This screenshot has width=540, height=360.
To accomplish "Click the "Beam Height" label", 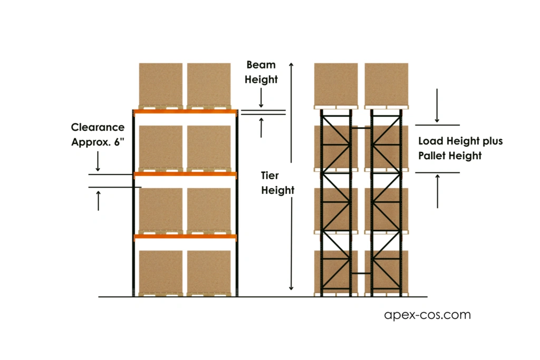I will pyautogui.click(x=262, y=72).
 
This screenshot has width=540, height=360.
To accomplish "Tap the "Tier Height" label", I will pyautogui.click(x=277, y=183).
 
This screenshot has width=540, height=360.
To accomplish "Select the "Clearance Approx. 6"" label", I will pyautogui.click(x=98, y=134).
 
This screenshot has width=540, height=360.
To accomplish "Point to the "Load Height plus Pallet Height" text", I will pyautogui.click(x=460, y=148).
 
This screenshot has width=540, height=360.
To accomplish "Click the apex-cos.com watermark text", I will pyautogui.click(x=427, y=315).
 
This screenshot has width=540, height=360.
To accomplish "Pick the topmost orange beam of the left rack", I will pyautogui.click(x=185, y=112).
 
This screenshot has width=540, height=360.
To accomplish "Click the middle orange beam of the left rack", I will pyautogui.click(x=185, y=174).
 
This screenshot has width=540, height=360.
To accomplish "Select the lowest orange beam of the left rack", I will pyautogui.click(x=185, y=237).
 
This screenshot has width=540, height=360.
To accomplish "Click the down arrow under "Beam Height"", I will pyautogui.click(x=262, y=98).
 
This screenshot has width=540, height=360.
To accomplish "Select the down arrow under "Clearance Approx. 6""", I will pyautogui.click(x=98, y=160).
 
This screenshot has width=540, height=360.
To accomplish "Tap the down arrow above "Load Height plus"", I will pyautogui.click(x=437, y=105).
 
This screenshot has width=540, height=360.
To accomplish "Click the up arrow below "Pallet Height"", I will pyautogui.click(x=437, y=190).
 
